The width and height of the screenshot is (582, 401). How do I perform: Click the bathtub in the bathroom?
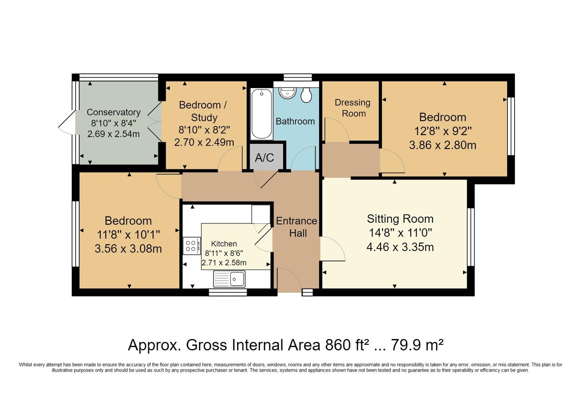click(x=262, y=114)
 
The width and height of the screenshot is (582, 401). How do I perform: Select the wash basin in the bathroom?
click(x=287, y=93)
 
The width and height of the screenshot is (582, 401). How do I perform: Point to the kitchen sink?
click(x=229, y=279)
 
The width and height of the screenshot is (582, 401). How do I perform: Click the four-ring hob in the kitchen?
click(x=192, y=246)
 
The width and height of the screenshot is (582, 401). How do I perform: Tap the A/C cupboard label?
click(x=265, y=158)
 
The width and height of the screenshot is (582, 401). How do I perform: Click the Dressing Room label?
click(x=353, y=108)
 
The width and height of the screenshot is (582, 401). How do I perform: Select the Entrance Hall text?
click(x=297, y=227)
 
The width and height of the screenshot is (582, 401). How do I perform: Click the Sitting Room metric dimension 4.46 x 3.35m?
click(x=400, y=247)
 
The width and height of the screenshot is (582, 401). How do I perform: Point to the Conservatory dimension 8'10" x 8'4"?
click(x=113, y=123)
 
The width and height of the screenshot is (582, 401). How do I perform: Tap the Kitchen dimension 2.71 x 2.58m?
click(x=224, y=263)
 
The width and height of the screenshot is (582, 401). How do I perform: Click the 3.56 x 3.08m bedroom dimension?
click(x=128, y=248)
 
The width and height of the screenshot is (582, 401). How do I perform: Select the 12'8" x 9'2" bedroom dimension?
click(x=443, y=131)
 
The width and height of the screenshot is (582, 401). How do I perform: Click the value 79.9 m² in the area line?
click(x=417, y=345)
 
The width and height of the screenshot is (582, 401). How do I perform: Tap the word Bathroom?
click(x=295, y=121)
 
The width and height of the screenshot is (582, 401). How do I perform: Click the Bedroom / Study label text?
click(x=203, y=111)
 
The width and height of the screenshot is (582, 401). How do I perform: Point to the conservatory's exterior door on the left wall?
click(x=67, y=123)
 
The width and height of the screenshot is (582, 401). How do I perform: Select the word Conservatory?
click(x=113, y=112)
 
